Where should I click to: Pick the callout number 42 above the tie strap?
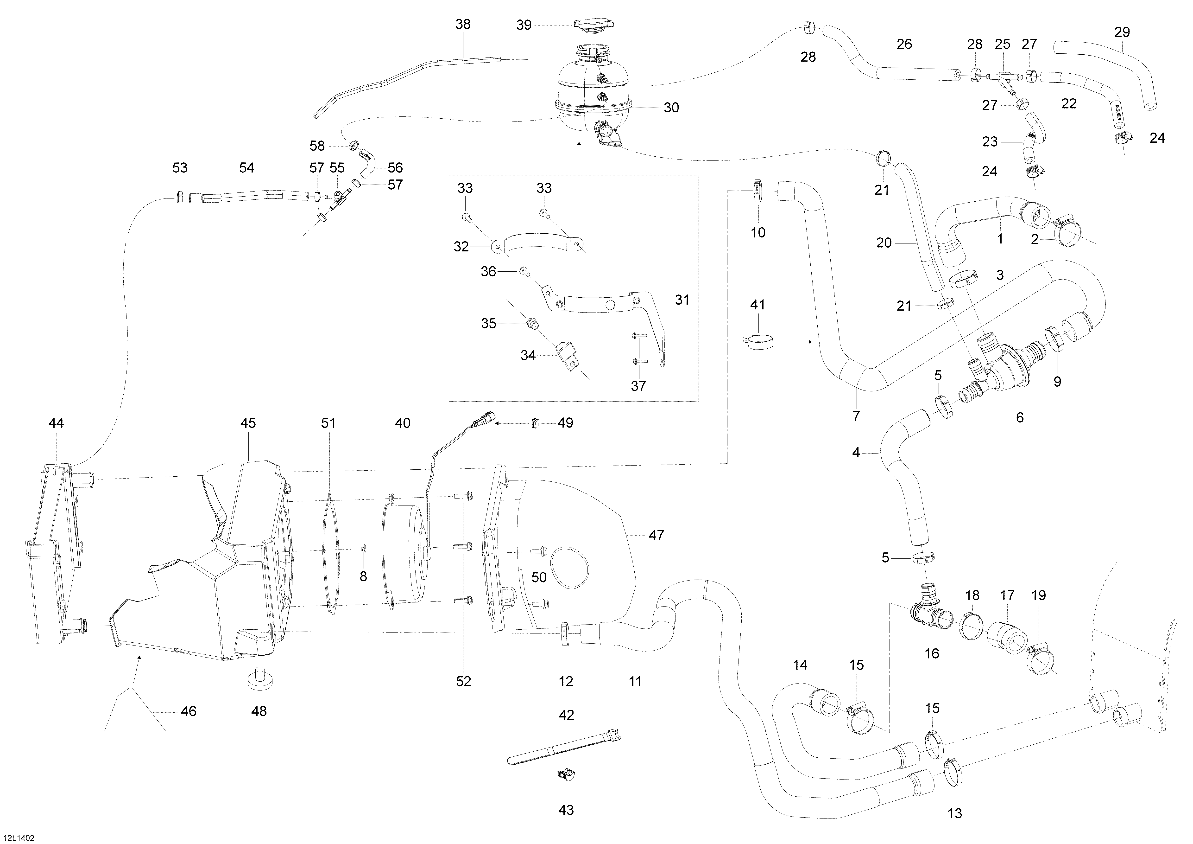click(x=566, y=715)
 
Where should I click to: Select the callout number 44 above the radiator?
click(x=56, y=423)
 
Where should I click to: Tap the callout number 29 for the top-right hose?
click(x=1122, y=32)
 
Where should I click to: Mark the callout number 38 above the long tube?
click(x=463, y=24)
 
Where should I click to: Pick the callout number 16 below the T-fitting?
click(x=932, y=653)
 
